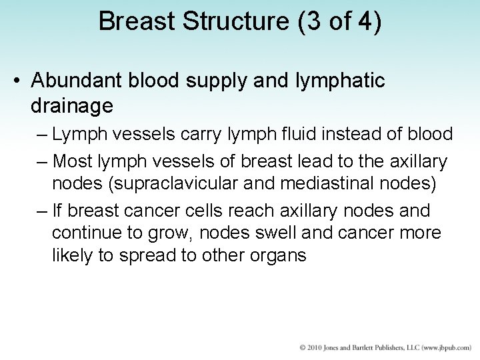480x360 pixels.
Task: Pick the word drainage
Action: [x=71, y=105]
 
